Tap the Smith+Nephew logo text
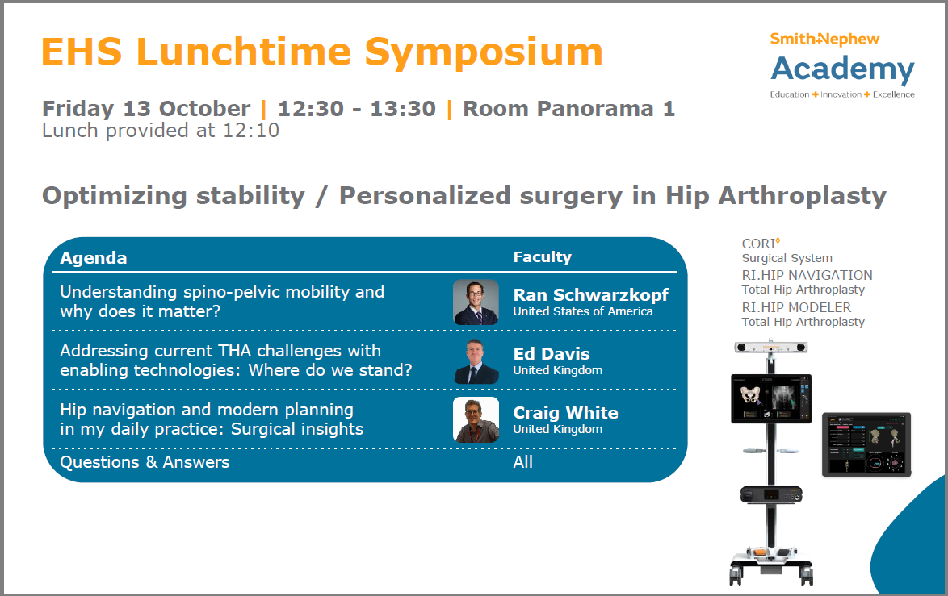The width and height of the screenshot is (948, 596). point(824,40)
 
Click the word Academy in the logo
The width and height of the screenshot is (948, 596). point(842,70)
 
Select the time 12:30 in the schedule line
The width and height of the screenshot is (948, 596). point(311,109)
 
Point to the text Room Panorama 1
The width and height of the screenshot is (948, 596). point(569,109)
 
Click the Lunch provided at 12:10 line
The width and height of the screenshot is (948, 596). point(161,131)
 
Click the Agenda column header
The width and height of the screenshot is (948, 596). point(94,258)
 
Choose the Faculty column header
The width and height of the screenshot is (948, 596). point(543,257)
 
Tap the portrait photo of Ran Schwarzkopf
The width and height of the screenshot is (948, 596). point(476,302)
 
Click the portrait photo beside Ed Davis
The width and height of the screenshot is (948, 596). point(476,361)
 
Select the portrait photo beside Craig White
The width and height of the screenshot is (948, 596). point(476,419)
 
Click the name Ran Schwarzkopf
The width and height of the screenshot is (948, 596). point(591,295)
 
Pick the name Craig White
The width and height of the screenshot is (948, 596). point(566,413)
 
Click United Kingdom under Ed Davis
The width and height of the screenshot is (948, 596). point(558,371)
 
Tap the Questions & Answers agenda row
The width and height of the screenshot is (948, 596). point(145,463)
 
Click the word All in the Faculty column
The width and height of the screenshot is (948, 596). point(523,462)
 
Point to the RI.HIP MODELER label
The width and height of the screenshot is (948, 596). point(796,307)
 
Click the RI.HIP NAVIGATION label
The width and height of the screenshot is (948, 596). point(807,275)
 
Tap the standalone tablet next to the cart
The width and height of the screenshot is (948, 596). point(866,445)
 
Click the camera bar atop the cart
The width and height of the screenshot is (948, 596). point(771,348)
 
